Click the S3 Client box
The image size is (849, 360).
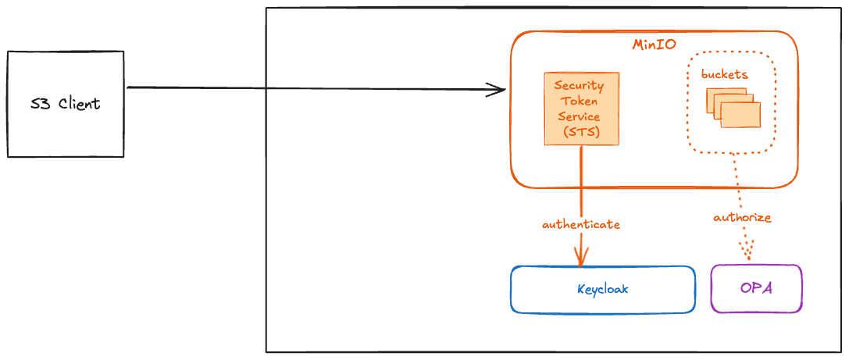pyautogui.click(x=66, y=104)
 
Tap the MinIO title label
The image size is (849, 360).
pyautogui.click(x=654, y=45)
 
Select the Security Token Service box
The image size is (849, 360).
pyautogui.click(x=582, y=109)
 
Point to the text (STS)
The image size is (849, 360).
pyautogui.click(x=582, y=132)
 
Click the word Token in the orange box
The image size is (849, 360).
pyautogui.click(x=582, y=101)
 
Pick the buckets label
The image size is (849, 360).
pyautogui.click(x=725, y=74)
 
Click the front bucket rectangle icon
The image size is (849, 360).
pyautogui.click(x=740, y=115)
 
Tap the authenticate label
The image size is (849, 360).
pyautogui.click(x=581, y=223)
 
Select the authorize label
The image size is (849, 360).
pyautogui.click(x=742, y=218)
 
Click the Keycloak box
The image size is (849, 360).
pyautogui.click(x=603, y=289)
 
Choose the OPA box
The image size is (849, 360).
pyautogui.click(x=756, y=288)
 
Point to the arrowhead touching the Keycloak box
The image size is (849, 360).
pyautogui.click(x=581, y=258)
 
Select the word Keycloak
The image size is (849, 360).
pyautogui.click(x=603, y=289)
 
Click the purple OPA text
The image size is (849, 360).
pyautogui.click(x=756, y=288)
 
